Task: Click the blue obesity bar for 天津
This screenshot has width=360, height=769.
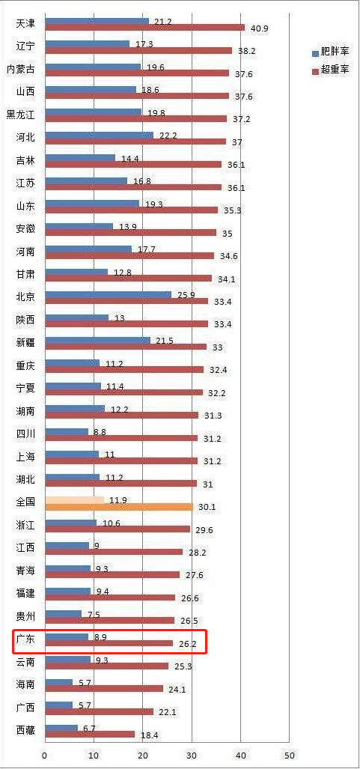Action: (97, 21)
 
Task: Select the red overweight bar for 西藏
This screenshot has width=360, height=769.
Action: (90, 735)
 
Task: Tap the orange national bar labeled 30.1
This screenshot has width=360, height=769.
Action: (119, 507)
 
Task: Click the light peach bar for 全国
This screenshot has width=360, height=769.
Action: (75, 499)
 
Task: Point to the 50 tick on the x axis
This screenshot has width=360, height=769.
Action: (289, 756)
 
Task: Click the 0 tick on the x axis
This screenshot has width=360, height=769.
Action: (45, 756)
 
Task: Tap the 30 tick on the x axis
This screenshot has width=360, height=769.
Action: (192, 756)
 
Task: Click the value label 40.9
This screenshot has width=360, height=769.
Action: (260, 28)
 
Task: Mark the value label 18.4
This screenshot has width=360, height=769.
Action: (149, 735)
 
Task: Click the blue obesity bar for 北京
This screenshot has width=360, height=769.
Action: (108, 295)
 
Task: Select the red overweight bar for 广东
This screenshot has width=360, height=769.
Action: (109, 643)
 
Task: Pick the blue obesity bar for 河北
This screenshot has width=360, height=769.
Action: (99, 135)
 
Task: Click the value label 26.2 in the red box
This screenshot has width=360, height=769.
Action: (187, 644)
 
